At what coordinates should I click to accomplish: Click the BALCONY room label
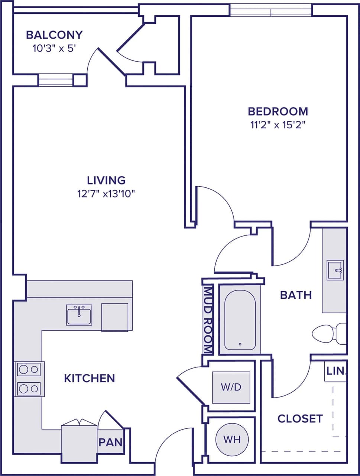coord(54,35)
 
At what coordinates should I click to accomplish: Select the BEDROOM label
coord(278,111)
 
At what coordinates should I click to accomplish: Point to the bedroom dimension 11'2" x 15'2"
coord(278,125)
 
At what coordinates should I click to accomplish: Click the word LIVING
coord(106,180)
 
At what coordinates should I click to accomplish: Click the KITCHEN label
coord(90,378)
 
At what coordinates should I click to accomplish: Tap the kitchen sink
coord(79,315)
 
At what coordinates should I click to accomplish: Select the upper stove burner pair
coord(29,369)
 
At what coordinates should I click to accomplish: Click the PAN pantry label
coord(111,442)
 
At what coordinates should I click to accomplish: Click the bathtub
coord(240,320)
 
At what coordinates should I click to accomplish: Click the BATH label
coord(296,295)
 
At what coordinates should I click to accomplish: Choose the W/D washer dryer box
coord(231,387)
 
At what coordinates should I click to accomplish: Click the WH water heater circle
coord(232,440)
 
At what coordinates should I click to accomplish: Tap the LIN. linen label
coord(336,371)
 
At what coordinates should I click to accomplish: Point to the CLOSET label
coord(300,419)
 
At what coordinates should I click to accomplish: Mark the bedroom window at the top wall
coord(271,10)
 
